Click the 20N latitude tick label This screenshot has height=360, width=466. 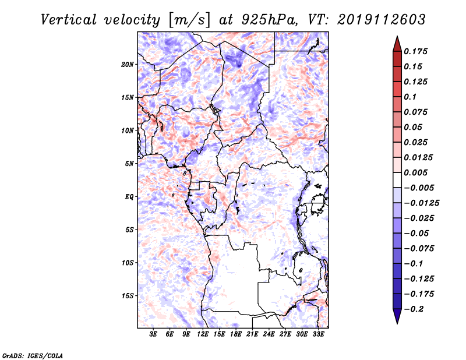point(128,65)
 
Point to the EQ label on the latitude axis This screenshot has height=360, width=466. point(129,197)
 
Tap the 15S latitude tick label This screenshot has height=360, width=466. point(128,296)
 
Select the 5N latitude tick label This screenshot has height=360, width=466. point(129,164)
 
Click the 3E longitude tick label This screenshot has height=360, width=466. point(153,334)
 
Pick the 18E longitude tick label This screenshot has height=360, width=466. point(236,334)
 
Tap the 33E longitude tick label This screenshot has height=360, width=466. point(318,334)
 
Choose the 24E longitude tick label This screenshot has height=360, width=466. point(269,334)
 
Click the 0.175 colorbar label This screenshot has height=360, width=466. point(415,51)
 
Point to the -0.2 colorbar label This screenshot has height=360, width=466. point(414,309)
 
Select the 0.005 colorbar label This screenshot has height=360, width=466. point(415,172)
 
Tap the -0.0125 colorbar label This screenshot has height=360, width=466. point(421,203)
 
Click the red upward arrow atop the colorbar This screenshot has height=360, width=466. point(397,44)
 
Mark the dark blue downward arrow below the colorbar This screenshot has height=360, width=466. point(397,316)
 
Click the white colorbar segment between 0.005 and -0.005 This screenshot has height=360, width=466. point(397,180)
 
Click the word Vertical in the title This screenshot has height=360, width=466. point(69,20)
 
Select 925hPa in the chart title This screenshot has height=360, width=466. point(269,20)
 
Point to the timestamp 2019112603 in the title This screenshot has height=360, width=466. point(382,19)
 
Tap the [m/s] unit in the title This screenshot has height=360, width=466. point(189,20)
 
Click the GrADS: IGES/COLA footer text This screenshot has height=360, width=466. point(33,356)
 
